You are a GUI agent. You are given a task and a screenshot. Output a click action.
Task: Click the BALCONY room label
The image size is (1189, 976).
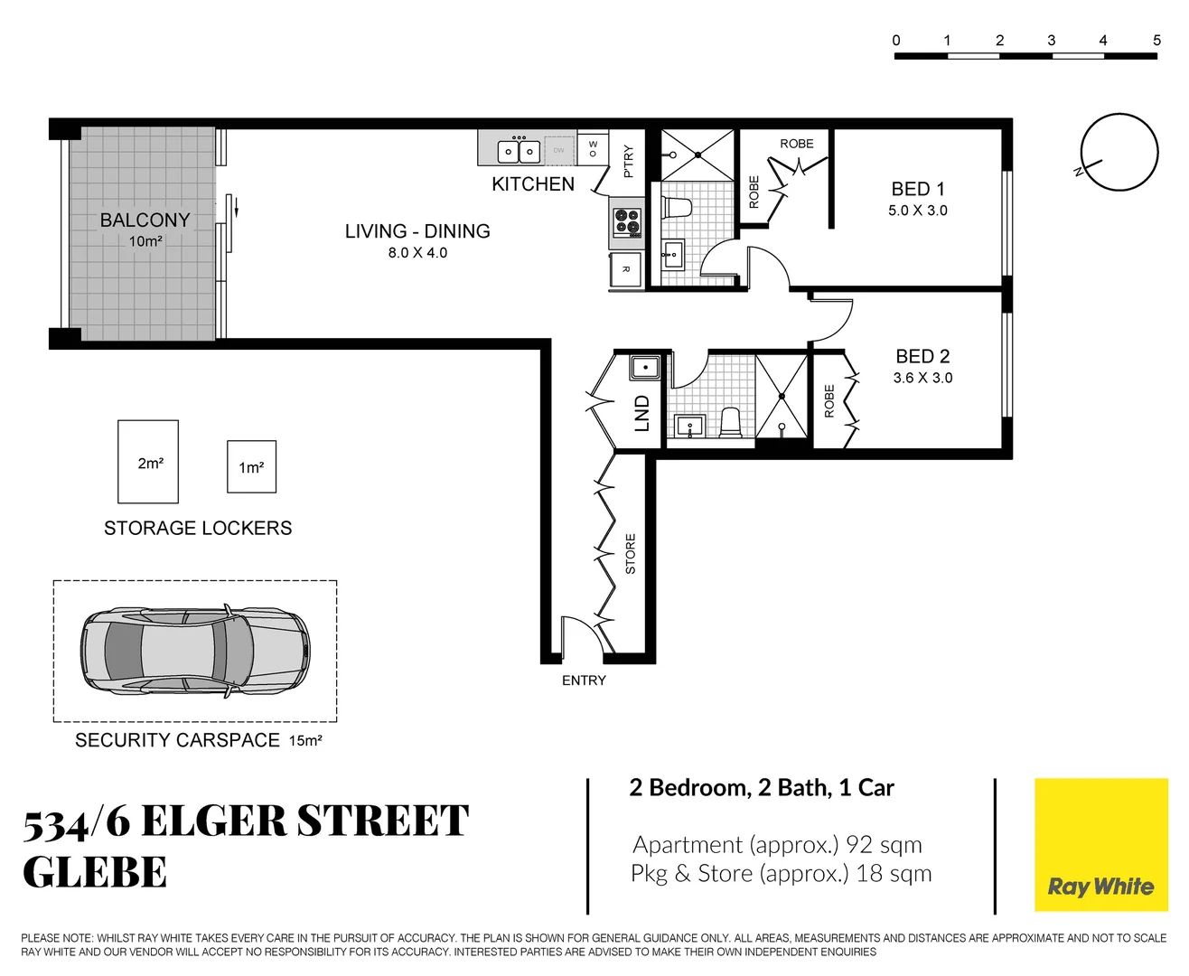click(x=145, y=221)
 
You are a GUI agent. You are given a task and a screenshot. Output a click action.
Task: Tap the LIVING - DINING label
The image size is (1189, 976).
click(x=417, y=231)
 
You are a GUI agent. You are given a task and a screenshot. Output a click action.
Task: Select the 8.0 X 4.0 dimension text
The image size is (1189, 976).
click(x=417, y=253)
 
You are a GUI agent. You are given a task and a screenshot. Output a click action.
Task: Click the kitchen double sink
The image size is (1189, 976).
click(x=520, y=151)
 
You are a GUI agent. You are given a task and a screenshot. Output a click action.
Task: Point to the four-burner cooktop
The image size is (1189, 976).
click(x=627, y=222)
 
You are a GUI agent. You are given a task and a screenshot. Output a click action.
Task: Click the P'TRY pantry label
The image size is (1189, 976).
click(x=629, y=161)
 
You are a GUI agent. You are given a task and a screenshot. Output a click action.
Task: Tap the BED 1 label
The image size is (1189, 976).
click(x=918, y=189)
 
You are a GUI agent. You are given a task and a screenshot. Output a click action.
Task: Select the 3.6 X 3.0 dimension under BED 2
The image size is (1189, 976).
click(x=922, y=378)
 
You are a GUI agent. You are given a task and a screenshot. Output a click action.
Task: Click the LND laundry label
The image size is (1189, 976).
click(x=642, y=413)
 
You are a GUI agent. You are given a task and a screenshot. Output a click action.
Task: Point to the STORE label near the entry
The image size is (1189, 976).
click(x=631, y=554)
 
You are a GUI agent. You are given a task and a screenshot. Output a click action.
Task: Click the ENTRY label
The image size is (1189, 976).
click(x=584, y=680)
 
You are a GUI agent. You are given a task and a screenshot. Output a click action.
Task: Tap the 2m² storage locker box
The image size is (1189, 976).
click(x=148, y=462)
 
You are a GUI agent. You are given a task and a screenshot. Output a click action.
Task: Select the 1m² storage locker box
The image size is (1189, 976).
click(x=251, y=467)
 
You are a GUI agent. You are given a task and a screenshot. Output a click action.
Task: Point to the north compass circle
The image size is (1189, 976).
click(x=1120, y=152)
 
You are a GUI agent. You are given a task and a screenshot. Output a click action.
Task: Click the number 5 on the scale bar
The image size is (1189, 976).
click(x=1156, y=40)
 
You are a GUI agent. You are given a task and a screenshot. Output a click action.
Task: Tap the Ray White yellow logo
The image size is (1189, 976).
click(x=1100, y=844)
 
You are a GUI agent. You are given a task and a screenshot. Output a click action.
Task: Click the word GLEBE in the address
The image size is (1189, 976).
click(x=95, y=873)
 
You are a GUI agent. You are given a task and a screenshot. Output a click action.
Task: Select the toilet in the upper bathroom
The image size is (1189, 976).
click(x=677, y=207)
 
